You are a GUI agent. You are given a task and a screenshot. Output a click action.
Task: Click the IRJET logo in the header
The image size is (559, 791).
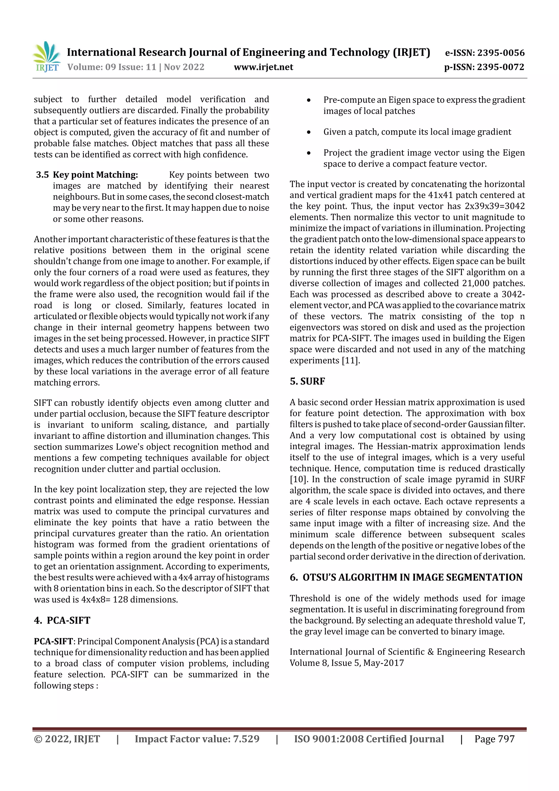coord(46,57)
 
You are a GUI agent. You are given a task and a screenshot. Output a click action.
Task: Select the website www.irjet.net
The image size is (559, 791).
coord(263,67)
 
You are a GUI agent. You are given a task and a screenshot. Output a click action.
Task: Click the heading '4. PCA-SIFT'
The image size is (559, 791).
coord(62,620)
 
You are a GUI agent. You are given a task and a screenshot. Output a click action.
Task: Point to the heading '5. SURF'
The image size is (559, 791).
coord(307,381)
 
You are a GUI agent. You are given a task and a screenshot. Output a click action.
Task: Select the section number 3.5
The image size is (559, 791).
coord(42,175)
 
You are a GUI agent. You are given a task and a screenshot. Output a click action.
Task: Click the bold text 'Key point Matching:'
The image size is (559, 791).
coord(96,175)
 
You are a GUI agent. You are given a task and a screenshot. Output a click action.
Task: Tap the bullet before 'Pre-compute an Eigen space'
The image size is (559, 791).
coord(309,100)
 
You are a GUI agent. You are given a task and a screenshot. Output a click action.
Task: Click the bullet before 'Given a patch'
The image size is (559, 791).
coord(309,132)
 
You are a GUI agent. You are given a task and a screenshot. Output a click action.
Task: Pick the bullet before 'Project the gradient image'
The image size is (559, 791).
coord(309,153)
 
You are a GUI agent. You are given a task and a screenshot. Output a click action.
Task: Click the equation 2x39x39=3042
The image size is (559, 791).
coord(495,206)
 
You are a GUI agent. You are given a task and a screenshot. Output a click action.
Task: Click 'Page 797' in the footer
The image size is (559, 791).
coord(494,739)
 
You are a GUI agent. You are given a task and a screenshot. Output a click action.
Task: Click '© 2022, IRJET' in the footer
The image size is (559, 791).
coord(67,739)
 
